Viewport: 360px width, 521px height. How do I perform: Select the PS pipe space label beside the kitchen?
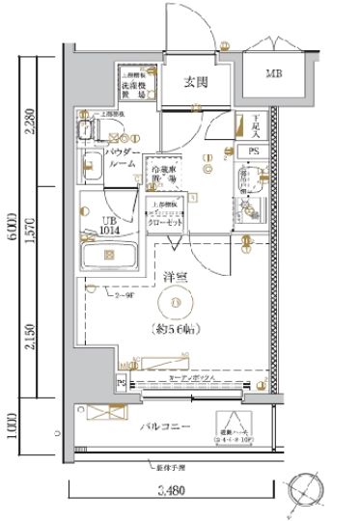tap(253, 151)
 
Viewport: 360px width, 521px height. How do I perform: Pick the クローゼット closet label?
tap(168, 221)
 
